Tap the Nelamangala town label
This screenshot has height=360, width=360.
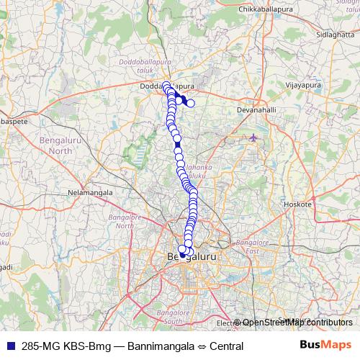(87, 193)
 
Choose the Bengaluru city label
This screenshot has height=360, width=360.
(192, 256)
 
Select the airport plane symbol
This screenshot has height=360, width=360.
(253, 138)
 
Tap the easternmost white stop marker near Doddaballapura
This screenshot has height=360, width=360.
(191, 103)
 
